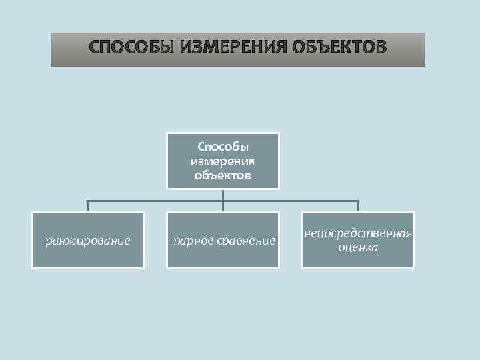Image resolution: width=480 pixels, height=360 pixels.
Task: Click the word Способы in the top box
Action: (223, 147)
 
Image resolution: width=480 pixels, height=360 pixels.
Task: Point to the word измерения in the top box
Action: (223, 161)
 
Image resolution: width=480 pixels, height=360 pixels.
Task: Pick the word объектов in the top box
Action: (223, 175)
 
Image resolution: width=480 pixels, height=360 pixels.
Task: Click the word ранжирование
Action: (88, 240)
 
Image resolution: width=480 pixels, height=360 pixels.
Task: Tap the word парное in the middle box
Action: (192, 240)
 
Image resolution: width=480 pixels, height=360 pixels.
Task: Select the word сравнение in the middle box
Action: (245, 240)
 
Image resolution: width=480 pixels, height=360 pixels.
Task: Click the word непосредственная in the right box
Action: (358, 234)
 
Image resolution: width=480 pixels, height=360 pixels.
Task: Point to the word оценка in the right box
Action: (358, 247)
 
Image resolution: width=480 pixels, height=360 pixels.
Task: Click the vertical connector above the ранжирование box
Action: (88, 206)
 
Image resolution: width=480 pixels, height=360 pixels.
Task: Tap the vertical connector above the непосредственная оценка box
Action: (358, 206)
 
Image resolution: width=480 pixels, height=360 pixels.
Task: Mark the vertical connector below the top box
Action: (223, 194)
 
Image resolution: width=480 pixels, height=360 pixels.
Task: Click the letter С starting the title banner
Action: (95, 48)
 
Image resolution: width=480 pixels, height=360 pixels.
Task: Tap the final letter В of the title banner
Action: (380, 48)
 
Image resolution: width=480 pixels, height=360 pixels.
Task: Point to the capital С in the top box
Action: (201, 147)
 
